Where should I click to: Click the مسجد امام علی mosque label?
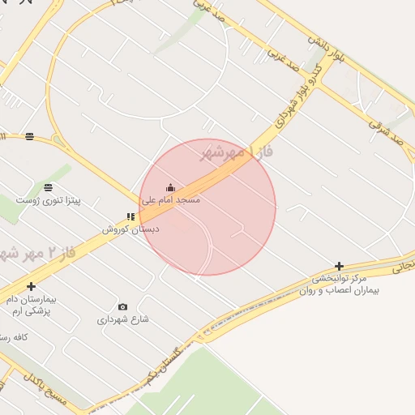pyautogui.click(x=171, y=199)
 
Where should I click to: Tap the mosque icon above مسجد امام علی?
pyautogui.click(x=170, y=188)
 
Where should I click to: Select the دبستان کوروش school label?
pyautogui.click(x=130, y=229)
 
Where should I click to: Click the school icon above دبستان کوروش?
pyautogui.click(x=130, y=216)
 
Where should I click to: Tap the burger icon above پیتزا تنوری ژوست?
pyautogui.click(x=48, y=187)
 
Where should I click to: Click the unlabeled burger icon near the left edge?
pyautogui.click(x=30, y=136)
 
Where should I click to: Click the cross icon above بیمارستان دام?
pyautogui.click(x=31, y=286)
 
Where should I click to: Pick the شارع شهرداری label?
pyautogui.click(x=123, y=319)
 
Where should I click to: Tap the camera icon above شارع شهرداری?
pyautogui.click(x=122, y=306)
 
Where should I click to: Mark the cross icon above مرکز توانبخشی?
pyautogui.click(x=339, y=266)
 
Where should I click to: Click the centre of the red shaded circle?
pyautogui.click(x=207, y=207)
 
